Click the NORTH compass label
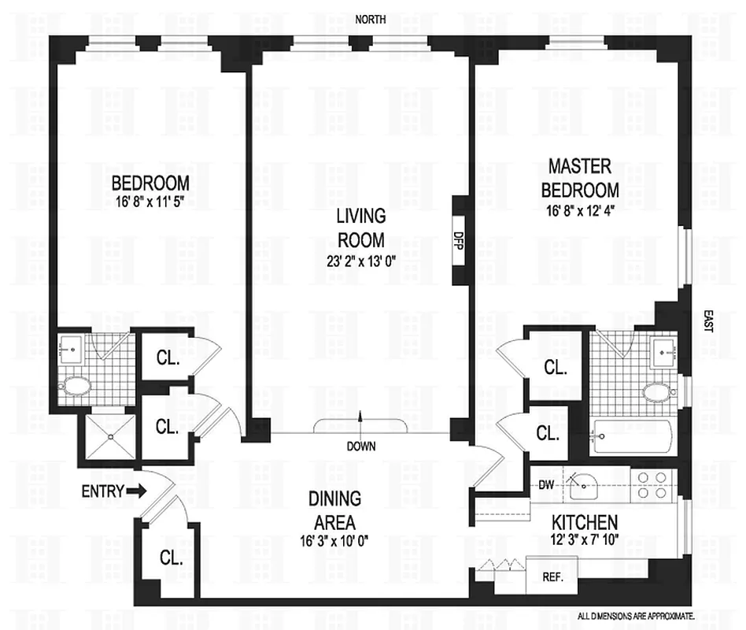pos(370,20)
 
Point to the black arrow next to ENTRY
pos(137,491)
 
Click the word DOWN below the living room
pos(360,446)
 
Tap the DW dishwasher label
pos(545,484)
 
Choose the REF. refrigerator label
pos(552,576)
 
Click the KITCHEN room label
pos(584,522)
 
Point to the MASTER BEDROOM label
pos(583,178)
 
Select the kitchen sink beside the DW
pos(585,486)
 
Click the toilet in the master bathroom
pos(655,391)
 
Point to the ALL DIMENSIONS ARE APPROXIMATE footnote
pos(636,617)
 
